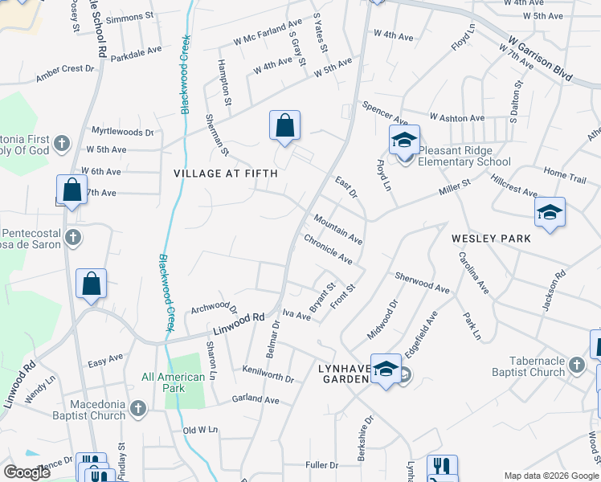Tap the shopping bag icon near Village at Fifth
284,126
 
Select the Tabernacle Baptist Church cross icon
576,366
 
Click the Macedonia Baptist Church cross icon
138,409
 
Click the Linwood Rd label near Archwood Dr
239,324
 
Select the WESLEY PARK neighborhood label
491,239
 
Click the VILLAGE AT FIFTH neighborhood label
226,173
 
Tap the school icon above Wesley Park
550,213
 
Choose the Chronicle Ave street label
328,249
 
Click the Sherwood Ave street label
421,282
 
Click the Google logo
27,472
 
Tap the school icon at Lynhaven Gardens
386,370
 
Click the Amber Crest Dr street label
65,74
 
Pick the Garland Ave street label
255,399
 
